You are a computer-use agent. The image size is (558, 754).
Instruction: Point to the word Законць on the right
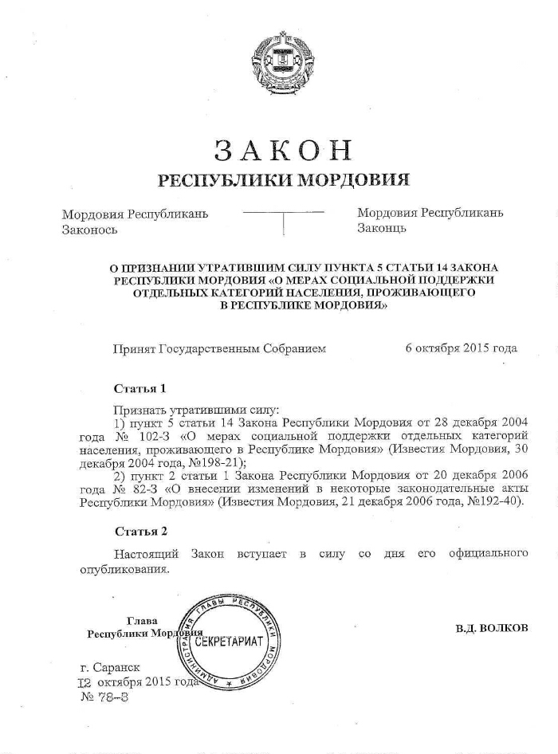coord(382,228)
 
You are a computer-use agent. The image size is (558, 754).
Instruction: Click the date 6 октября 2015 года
coord(461,348)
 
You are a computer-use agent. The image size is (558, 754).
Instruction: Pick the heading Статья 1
coord(140,389)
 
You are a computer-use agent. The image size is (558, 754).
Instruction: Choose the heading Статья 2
coord(141,531)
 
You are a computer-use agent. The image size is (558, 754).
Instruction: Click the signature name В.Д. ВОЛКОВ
coord(492,628)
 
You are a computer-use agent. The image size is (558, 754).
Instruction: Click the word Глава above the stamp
coord(142,621)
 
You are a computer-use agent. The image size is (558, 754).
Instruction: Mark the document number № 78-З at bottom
coord(104,696)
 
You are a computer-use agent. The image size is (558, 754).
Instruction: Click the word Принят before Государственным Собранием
coord(136,348)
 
